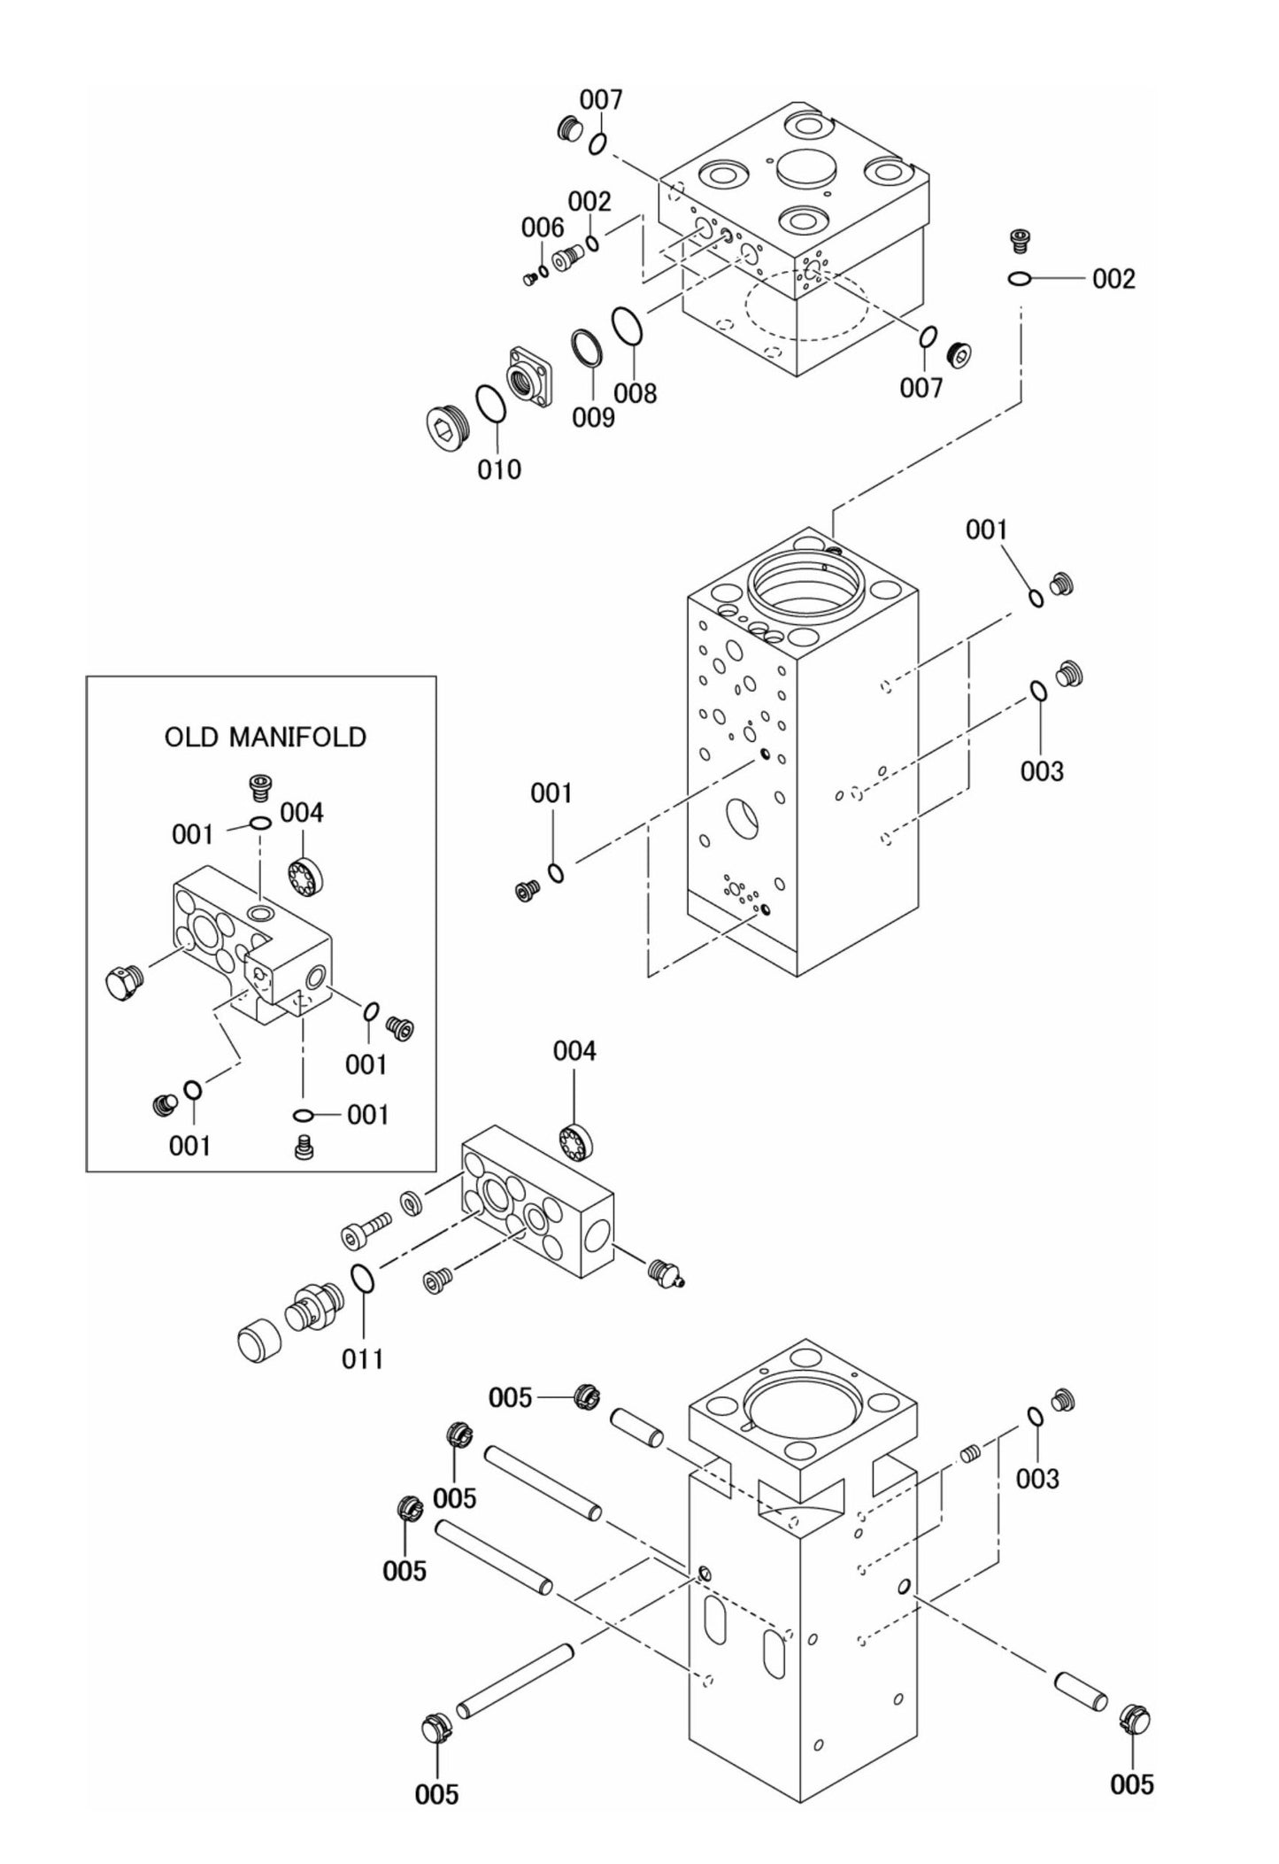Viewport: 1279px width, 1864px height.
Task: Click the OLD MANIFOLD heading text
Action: [265, 737]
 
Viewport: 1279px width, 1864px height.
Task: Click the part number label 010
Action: [499, 469]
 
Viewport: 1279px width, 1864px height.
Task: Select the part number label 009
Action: [592, 417]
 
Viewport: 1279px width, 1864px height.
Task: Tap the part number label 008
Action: [636, 393]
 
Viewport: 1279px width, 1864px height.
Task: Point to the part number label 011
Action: [362, 1358]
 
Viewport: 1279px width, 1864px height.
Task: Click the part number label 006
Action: [542, 228]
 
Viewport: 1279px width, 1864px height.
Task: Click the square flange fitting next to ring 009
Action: [528, 378]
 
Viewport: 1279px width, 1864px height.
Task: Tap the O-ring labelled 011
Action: [362, 1280]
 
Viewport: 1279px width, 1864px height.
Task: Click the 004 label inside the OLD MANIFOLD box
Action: [302, 813]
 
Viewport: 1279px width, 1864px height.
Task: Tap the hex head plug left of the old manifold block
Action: [122, 983]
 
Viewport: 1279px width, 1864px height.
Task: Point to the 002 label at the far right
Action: [1113, 280]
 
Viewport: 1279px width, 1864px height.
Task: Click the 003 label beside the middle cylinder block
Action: [1042, 771]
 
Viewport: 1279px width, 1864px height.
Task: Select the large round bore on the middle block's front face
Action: [742, 818]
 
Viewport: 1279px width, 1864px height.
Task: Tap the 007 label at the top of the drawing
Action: [601, 100]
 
